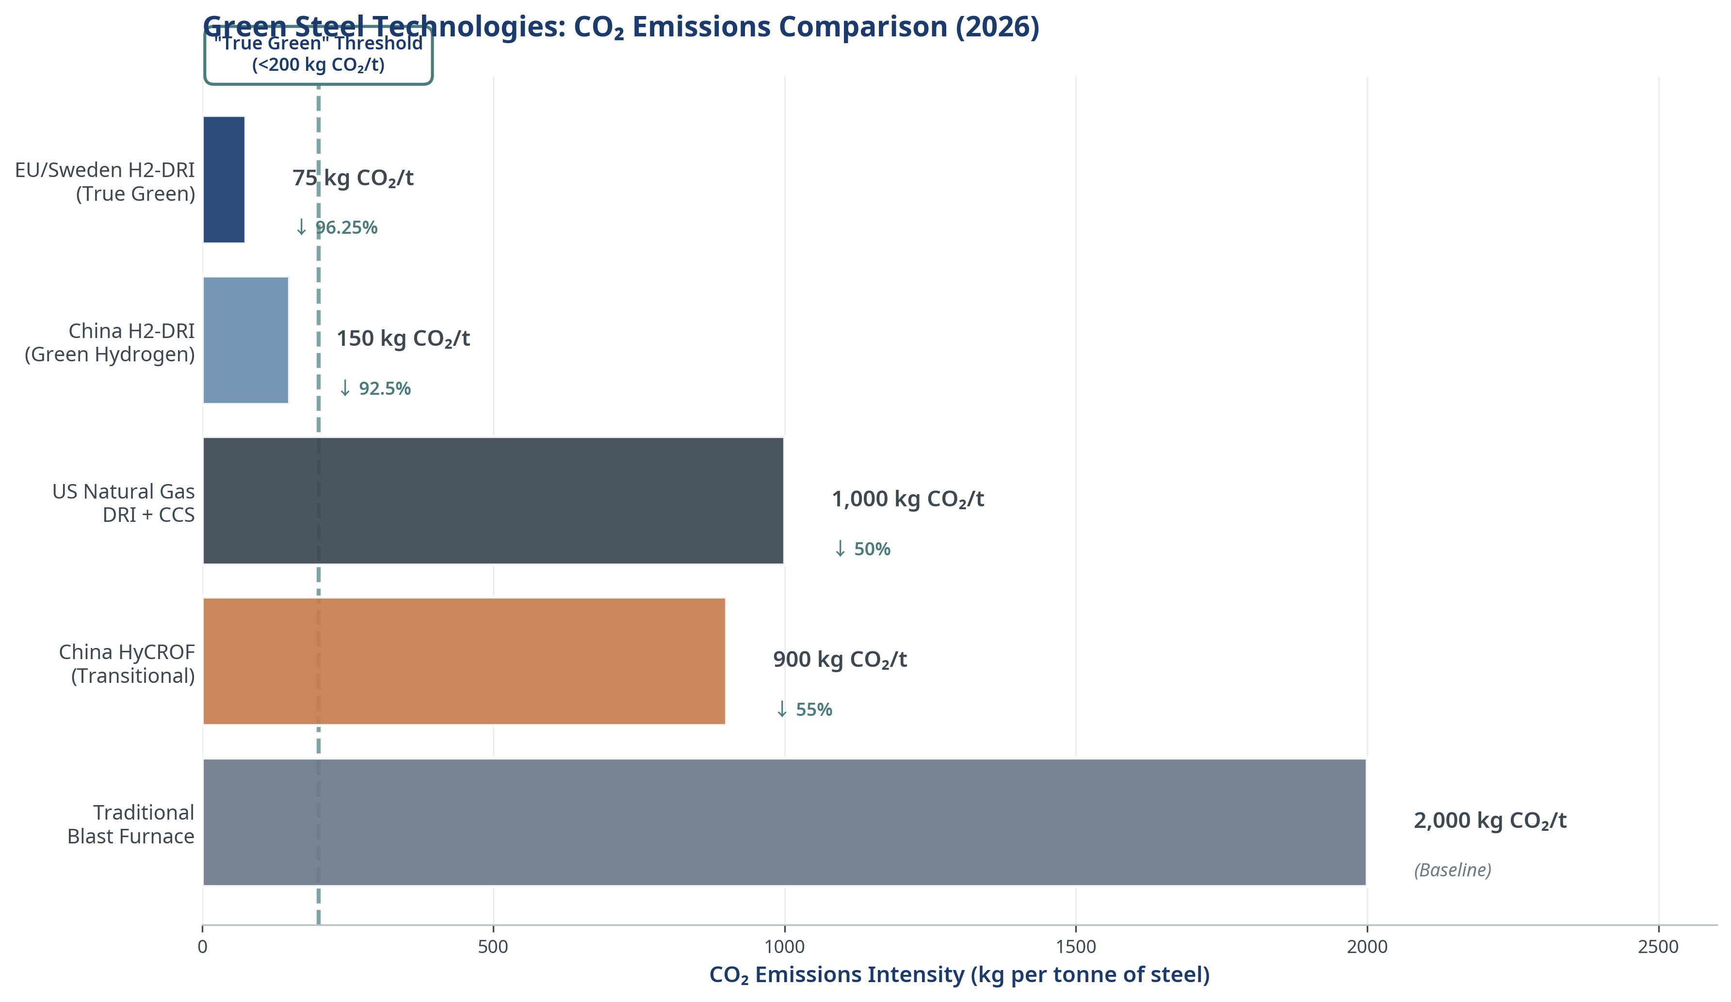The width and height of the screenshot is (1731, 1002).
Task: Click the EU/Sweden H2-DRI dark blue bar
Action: click(x=224, y=180)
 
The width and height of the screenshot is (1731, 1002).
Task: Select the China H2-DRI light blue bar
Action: click(x=246, y=340)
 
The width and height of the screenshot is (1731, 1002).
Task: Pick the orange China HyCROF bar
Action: click(x=464, y=662)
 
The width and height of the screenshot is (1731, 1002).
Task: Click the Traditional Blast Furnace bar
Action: click(x=784, y=823)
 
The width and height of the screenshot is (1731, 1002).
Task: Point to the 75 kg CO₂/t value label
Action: click(x=353, y=178)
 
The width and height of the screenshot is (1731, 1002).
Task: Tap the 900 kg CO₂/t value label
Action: click(x=840, y=661)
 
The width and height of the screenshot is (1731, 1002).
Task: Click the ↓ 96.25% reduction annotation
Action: click(x=336, y=228)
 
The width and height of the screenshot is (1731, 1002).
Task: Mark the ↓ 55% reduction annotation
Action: click(x=804, y=710)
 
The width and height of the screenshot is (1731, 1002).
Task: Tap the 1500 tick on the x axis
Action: click(x=1076, y=948)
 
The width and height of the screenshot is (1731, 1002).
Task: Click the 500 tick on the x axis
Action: click(x=493, y=948)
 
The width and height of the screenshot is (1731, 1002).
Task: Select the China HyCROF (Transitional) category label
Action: click(x=127, y=664)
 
